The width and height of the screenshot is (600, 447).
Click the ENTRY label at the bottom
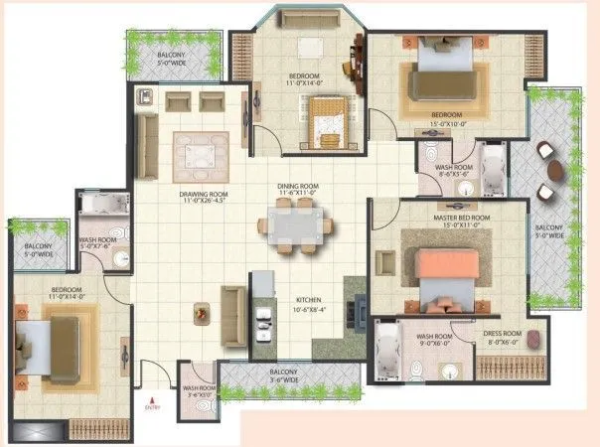tap(152, 407)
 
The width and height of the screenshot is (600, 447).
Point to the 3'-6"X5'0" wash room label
tap(199, 391)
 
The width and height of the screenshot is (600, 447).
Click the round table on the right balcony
tap(557, 170)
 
